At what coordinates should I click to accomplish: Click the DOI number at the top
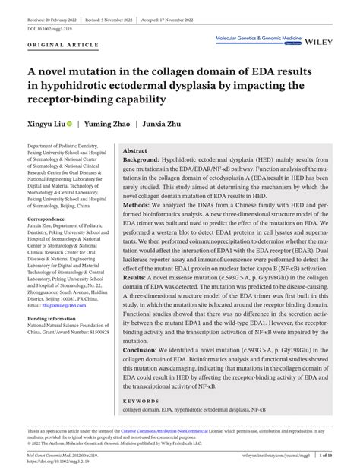[46, 27]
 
